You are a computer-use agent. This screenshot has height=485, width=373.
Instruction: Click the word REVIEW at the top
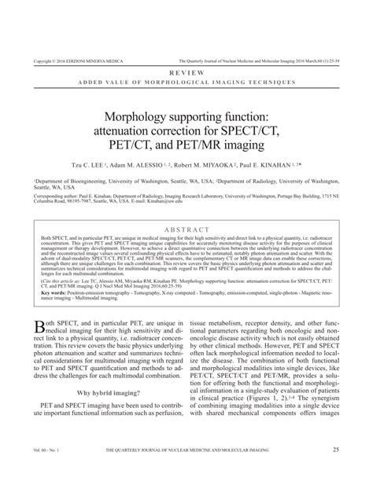(x=186, y=72)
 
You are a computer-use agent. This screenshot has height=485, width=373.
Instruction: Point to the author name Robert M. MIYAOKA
(x=229, y=166)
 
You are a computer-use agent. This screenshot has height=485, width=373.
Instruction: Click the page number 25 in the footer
(x=336, y=471)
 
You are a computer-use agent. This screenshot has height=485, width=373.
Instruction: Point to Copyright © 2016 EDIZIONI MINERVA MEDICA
(x=76, y=60)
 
